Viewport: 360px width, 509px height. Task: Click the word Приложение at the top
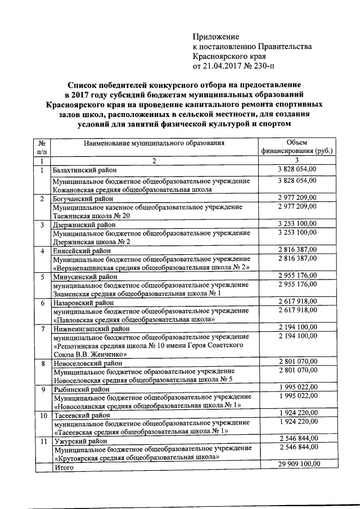click(x=216, y=37)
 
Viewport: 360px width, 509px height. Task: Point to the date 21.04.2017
click(x=226, y=66)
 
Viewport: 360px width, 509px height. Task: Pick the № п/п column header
click(x=42, y=147)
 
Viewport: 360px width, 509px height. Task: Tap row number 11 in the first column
click(x=42, y=442)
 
